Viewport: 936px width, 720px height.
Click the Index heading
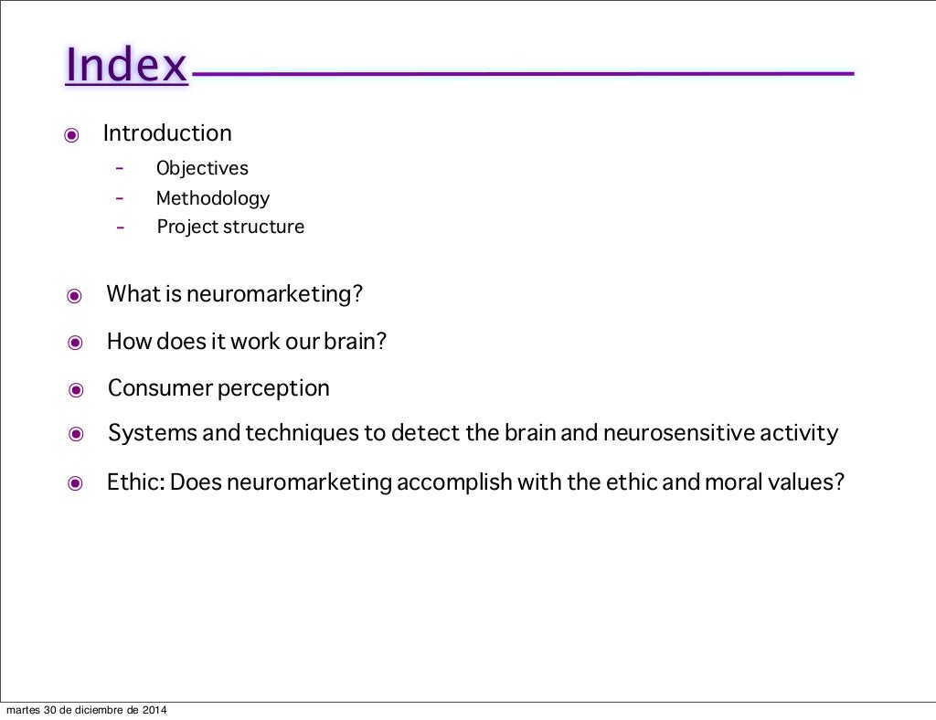coord(126,65)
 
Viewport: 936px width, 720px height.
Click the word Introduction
coord(167,133)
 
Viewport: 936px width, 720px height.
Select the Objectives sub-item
coord(202,168)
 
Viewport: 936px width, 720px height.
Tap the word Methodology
coord(213,198)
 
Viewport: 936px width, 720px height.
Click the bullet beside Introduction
coord(71,136)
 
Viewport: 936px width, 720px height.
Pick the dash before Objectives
coord(120,168)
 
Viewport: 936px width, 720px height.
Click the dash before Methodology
coord(120,197)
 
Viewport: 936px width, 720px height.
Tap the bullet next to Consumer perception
coord(76,390)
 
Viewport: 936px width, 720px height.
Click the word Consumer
coord(160,388)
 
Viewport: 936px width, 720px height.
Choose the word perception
coord(274,388)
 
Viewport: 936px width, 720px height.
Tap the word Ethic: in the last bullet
coord(135,482)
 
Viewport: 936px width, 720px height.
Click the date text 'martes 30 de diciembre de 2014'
coord(87,710)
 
